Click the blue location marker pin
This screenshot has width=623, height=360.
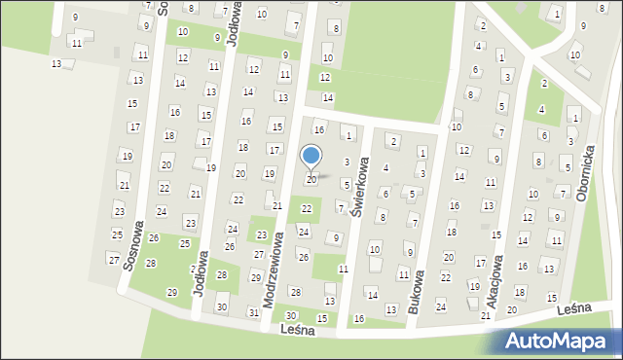point(311,156)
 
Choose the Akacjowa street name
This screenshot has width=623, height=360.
point(494,282)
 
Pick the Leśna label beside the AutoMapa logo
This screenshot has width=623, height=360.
point(576,308)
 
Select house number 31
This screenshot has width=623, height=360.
point(253,312)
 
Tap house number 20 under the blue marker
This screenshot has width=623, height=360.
point(311,180)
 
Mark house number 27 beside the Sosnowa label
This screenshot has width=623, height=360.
point(114,259)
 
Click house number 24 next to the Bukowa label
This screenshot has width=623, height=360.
point(440,306)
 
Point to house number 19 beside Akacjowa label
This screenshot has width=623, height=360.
point(474,286)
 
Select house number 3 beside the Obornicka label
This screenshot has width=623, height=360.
point(570,141)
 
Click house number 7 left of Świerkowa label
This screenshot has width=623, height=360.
point(340,206)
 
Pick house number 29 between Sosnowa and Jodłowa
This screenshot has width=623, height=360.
point(172,292)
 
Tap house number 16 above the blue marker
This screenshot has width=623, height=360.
point(317,129)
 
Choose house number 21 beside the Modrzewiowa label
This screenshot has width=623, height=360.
point(277,205)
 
